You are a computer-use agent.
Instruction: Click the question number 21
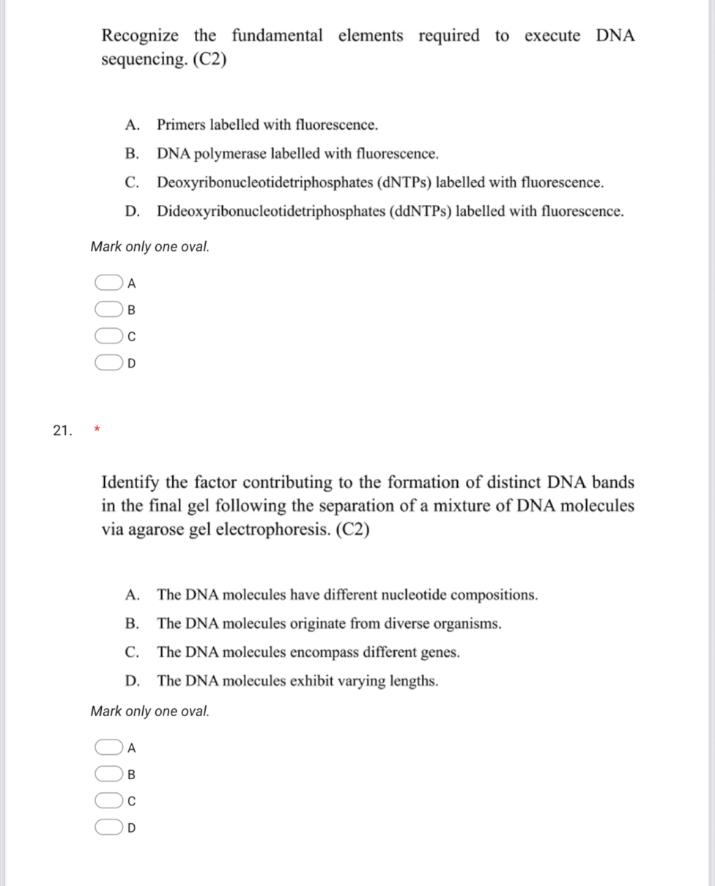coord(62,430)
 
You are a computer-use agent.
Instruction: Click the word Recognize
coord(139,36)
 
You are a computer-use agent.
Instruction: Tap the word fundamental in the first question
coord(276,36)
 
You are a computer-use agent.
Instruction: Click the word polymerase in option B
coord(233,154)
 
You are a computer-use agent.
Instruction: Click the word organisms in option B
coord(467,624)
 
